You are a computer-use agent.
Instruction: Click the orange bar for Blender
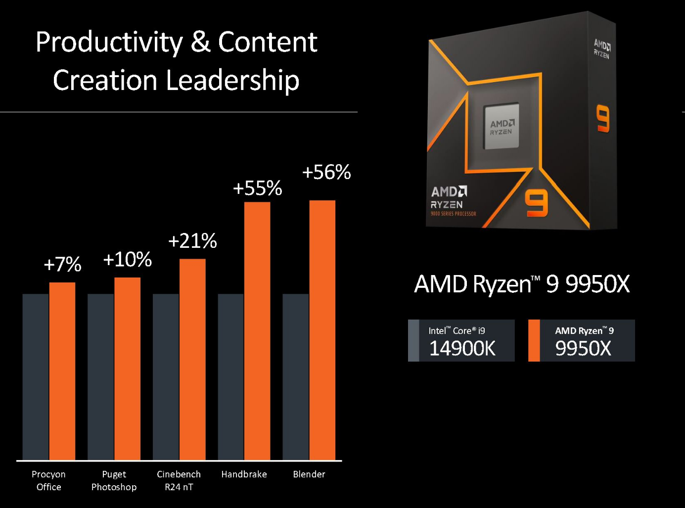(x=322, y=330)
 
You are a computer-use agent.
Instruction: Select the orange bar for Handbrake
(x=257, y=331)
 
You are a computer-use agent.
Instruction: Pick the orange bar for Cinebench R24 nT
(x=192, y=359)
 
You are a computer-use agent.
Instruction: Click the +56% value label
(x=326, y=172)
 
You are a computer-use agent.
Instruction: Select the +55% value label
(x=257, y=188)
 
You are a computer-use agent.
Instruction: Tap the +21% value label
(x=192, y=241)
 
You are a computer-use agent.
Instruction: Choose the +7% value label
(x=62, y=264)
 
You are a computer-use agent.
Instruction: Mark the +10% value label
(x=127, y=259)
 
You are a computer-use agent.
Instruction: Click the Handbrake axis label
(x=244, y=474)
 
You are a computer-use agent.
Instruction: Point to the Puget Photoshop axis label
(x=114, y=480)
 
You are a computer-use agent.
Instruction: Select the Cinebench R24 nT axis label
(x=179, y=480)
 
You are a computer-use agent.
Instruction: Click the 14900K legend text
(x=462, y=348)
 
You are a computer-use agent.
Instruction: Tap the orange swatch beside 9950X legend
(x=534, y=340)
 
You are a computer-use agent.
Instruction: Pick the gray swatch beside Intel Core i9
(x=413, y=340)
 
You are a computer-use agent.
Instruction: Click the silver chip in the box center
(x=501, y=127)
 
